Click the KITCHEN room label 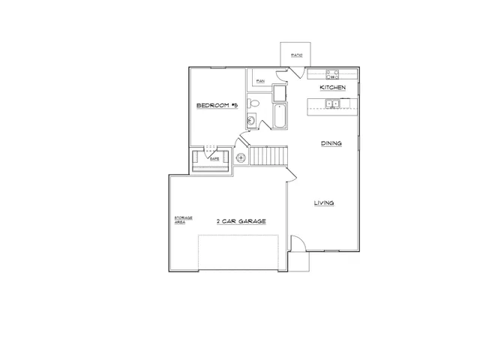332,88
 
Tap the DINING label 331,143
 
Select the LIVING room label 323,203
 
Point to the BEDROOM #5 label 217,106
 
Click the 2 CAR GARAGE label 241,221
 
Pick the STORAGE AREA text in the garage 184,220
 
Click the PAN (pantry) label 260,80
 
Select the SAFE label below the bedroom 214,159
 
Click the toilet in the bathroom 253,103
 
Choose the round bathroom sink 252,120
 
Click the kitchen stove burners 331,73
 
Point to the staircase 268,157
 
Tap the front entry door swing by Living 297,243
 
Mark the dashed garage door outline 238,253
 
